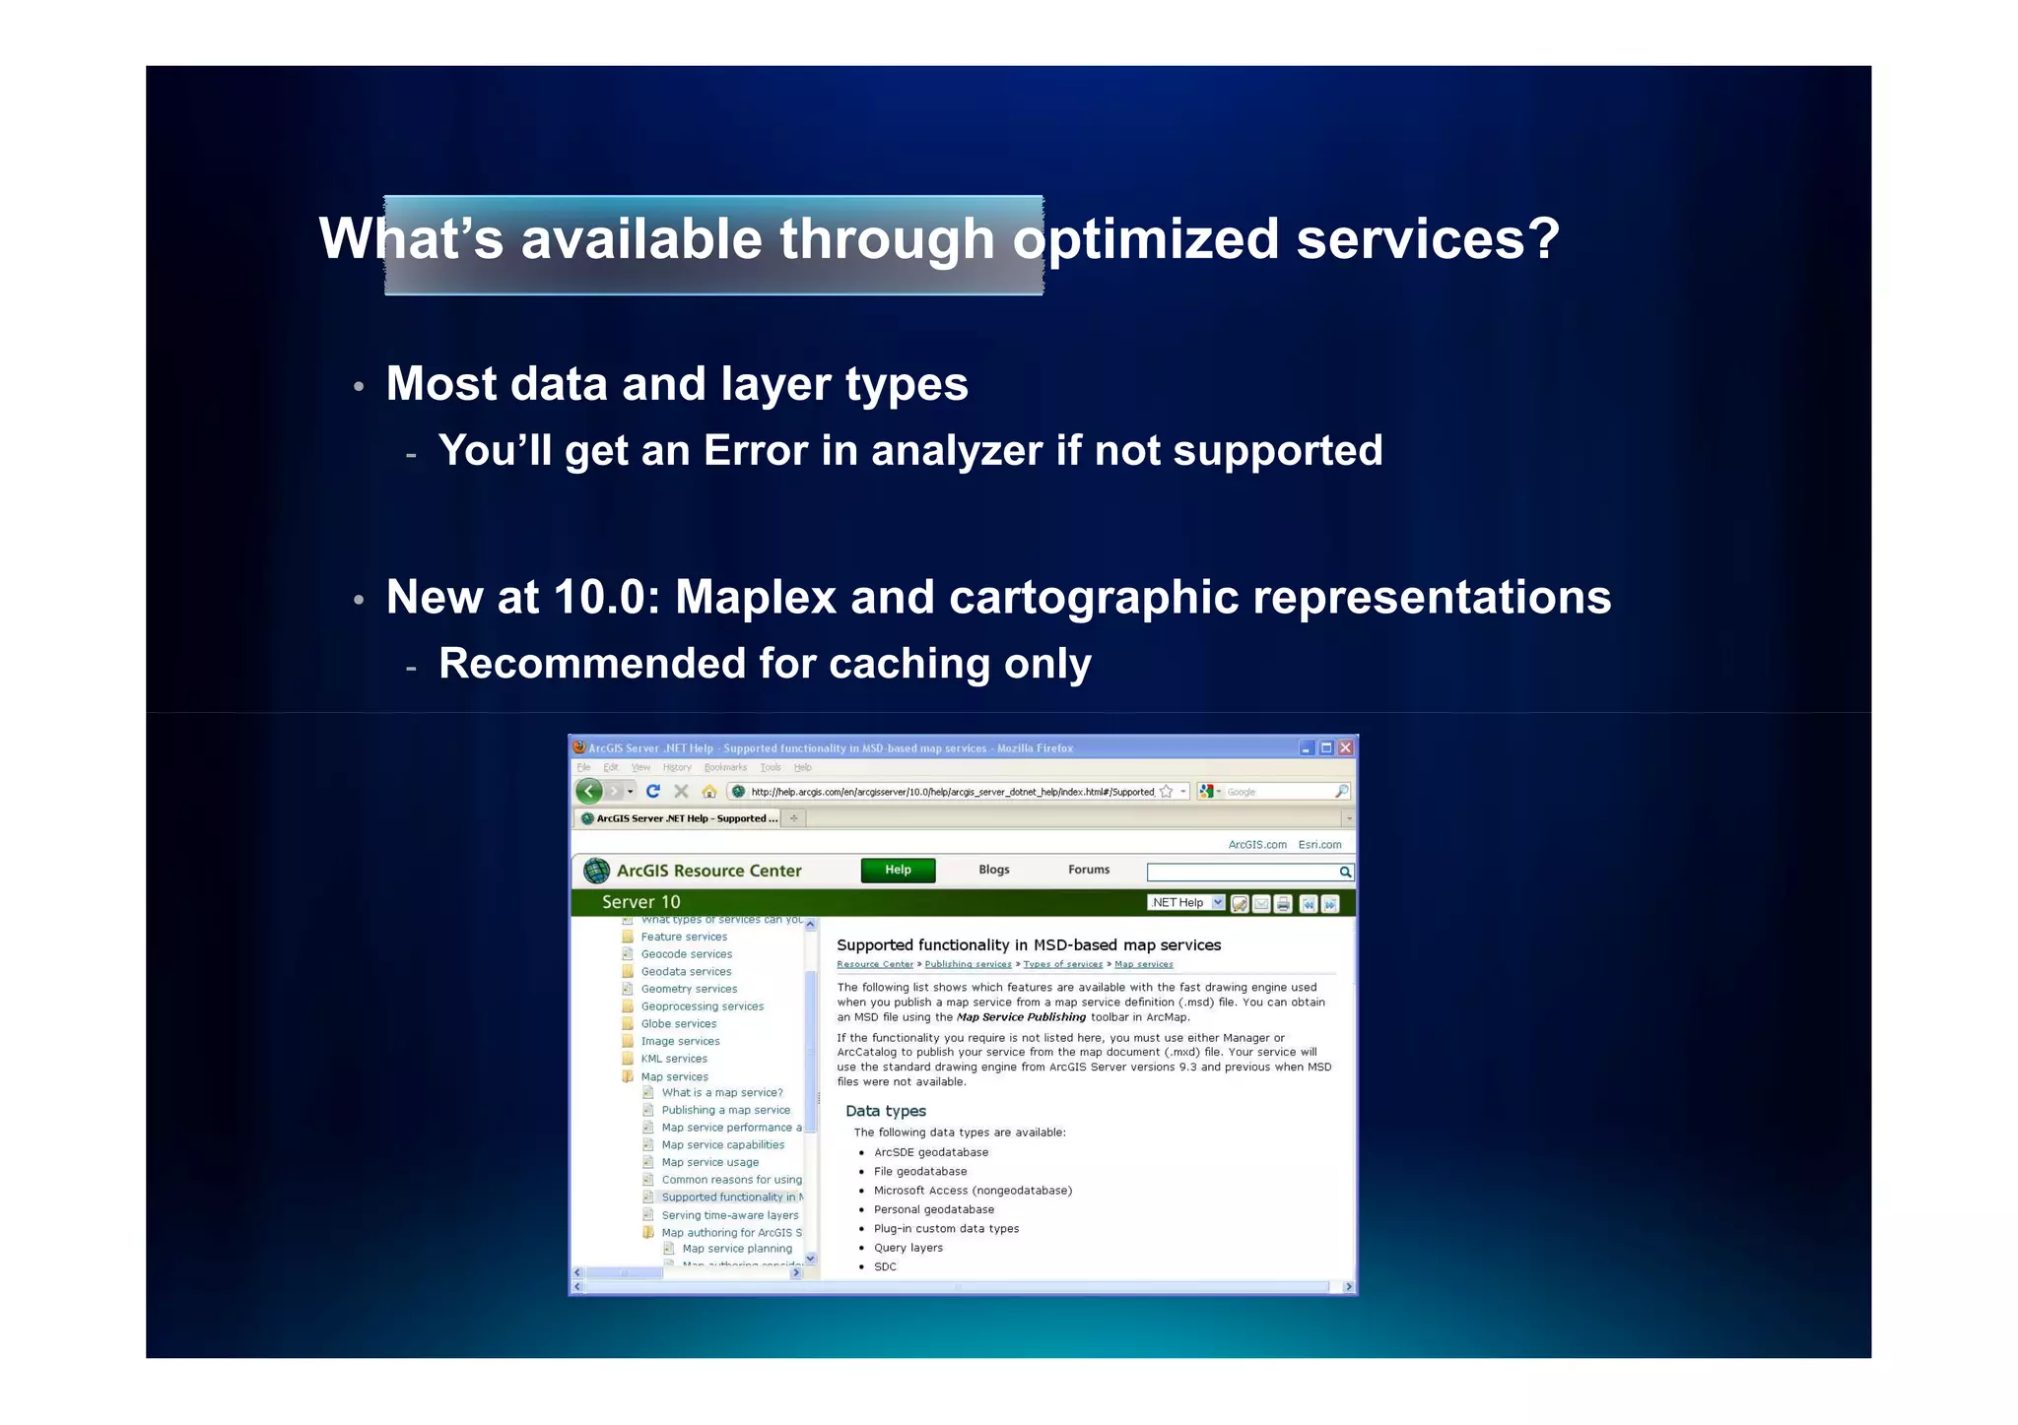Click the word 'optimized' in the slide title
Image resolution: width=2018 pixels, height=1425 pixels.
point(1146,240)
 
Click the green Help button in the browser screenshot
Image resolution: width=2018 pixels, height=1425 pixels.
point(898,870)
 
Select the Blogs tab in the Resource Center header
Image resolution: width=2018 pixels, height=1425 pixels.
point(993,870)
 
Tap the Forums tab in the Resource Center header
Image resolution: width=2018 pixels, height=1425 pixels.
point(1088,870)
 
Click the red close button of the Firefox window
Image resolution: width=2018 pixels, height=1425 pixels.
point(1345,747)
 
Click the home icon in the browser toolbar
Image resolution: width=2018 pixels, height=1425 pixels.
point(708,791)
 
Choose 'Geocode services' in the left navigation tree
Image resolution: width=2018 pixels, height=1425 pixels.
point(687,954)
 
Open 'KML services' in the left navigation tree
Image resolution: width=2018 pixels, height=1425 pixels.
point(674,1059)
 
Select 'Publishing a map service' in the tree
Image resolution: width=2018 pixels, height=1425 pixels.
point(725,1110)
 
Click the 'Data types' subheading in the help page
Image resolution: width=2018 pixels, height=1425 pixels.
point(885,1111)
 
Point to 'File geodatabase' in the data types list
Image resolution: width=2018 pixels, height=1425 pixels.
point(920,1171)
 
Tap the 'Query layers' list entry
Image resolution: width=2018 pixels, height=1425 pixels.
point(908,1248)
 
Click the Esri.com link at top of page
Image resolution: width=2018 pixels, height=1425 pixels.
point(1319,845)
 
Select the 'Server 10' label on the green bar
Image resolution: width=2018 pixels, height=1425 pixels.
point(640,902)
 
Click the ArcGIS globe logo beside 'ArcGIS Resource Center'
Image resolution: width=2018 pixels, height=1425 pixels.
point(596,871)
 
